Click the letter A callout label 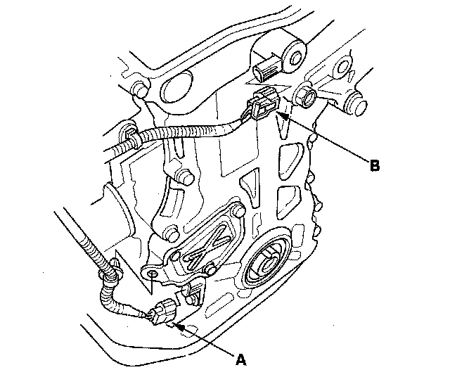coord(241,359)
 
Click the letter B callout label coord(375,166)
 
